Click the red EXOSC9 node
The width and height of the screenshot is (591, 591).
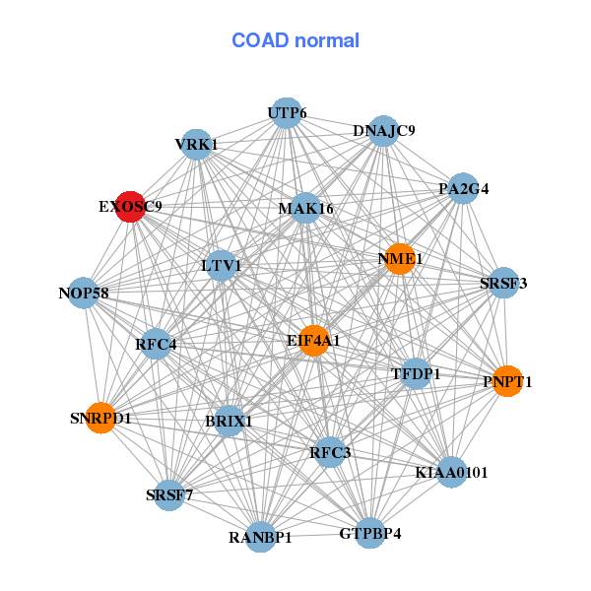coord(130,207)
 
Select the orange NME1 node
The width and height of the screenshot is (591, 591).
coord(399,259)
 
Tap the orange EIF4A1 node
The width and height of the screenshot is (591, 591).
coord(313,341)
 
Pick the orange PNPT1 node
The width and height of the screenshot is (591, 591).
coord(506,381)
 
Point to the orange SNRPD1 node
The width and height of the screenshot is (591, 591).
coord(100,418)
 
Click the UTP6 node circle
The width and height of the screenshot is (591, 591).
coord(286,113)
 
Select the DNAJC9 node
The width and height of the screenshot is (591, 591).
coord(383,131)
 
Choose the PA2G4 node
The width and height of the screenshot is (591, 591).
coord(463,188)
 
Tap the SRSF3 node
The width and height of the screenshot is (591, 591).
coord(503,284)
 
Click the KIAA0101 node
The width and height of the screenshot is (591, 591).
coord(451,473)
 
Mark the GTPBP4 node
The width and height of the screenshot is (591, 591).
coord(369,534)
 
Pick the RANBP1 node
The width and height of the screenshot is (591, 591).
coord(260,537)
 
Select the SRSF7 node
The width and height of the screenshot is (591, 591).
coord(169,494)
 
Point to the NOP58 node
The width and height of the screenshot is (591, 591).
coord(84,293)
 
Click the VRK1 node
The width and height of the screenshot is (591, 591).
coord(196,144)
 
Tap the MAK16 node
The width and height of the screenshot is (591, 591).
coord(305,208)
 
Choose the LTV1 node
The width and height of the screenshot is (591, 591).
coord(221,265)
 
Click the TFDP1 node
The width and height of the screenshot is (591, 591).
coord(416,373)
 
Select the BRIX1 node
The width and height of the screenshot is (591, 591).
coord(229,421)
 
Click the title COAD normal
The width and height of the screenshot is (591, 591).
coord(295,40)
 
